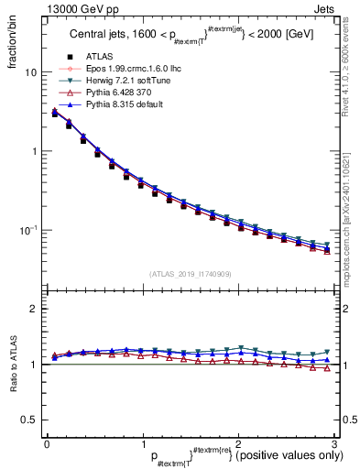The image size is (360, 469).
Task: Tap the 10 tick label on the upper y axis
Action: pos(30,72)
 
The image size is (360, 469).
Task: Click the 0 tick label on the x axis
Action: pos(46,444)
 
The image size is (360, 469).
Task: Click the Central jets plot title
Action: pos(188,37)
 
